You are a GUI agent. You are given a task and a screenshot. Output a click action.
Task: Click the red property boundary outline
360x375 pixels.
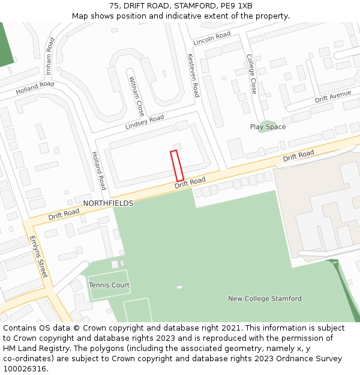[x=177, y=166]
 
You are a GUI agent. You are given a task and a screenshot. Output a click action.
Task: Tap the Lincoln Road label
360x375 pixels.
[x=212, y=38]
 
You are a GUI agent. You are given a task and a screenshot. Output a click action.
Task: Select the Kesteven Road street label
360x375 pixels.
[x=193, y=75]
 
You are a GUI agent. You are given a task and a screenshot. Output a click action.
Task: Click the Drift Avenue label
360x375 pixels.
[x=333, y=96]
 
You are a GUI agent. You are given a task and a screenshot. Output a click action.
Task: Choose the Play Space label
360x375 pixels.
[x=268, y=127]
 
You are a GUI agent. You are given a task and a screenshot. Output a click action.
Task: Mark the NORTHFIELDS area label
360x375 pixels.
[x=108, y=203]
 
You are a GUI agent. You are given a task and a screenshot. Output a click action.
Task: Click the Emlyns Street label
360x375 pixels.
[x=38, y=256]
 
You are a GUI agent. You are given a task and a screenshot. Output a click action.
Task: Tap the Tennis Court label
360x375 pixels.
[x=109, y=285]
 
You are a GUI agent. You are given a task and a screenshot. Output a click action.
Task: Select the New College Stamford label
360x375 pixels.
[x=265, y=299]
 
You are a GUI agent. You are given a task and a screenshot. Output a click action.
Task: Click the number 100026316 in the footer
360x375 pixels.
[x=25, y=368]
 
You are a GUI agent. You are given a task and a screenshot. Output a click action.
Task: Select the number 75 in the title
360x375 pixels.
[x=114, y=6]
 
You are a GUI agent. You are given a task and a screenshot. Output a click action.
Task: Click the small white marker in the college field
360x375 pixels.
[x=179, y=287]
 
